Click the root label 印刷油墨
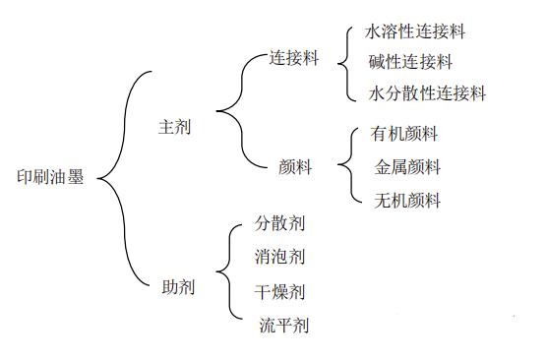(x=51, y=178)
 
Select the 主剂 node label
(x=175, y=128)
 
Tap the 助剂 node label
(x=178, y=287)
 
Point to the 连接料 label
(x=295, y=58)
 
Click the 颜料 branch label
(x=296, y=167)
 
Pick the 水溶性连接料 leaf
(x=415, y=31)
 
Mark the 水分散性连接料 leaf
(x=427, y=93)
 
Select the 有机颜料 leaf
(x=405, y=134)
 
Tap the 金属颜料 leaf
(x=408, y=167)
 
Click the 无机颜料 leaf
(x=408, y=201)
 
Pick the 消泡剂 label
(x=279, y=258)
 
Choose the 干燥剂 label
(x=279, y=291)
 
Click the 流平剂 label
(x=284, y=325)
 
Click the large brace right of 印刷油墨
(x=123, y=177)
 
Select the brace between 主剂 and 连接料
(x=236, y=112)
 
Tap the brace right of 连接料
(x=343, y=62)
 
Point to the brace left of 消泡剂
(x=233, y=271)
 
